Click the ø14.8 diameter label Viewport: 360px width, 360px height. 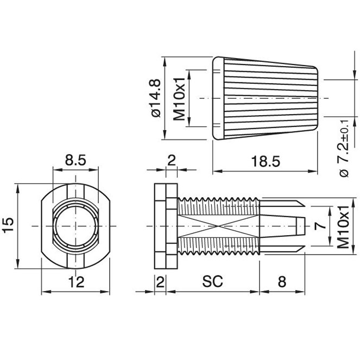156,98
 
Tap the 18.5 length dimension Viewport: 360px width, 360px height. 266,161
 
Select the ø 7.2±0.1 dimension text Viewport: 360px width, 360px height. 344,148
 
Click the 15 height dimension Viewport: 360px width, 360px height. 9,226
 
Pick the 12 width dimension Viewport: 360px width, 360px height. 77,282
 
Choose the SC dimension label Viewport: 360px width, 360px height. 212,281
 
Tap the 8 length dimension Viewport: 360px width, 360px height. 282,281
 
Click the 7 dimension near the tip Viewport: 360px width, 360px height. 320,226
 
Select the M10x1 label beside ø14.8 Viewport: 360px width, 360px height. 179,99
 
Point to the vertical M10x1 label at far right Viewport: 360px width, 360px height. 343,227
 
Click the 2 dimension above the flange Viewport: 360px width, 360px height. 172,160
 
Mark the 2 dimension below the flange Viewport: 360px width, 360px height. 160,282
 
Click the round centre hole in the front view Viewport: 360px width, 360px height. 75,226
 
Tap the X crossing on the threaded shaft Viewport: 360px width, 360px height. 218,226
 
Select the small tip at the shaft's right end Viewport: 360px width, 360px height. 300,226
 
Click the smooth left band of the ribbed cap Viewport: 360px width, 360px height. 218,98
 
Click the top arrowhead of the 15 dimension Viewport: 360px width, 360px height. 18,188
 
